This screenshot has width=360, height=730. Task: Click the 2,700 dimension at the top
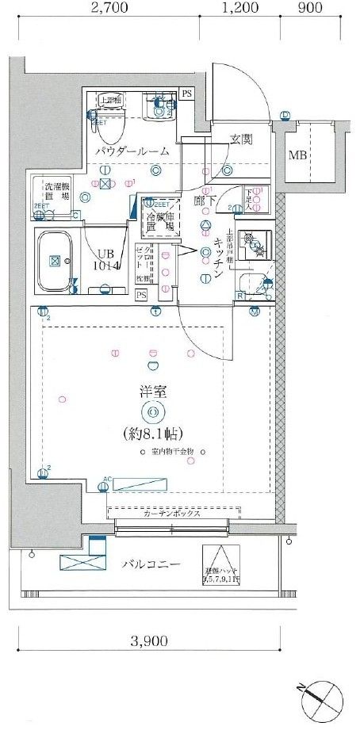point(110,10)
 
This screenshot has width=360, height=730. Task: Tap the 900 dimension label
point(310,10)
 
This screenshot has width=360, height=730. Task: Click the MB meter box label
point(297,155)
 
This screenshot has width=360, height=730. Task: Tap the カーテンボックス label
point(171,514)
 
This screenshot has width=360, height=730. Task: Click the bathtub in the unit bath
point(56,259)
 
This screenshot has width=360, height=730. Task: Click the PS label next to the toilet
point(186,94)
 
